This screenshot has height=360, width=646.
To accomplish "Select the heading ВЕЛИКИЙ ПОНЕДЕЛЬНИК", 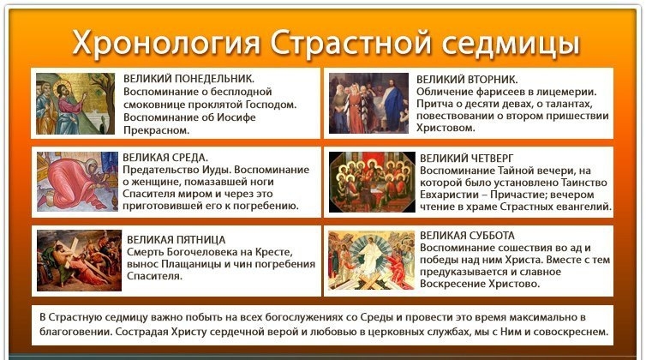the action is pyautogui.click(x=188, y=79).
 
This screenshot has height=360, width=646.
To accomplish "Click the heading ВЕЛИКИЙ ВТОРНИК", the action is pyautogui.click(x=467, y=79).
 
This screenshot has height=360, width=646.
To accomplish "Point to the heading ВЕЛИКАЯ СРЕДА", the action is pyautogui.click(x=165, y=158).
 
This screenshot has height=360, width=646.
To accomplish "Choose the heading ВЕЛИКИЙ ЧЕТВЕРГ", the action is pyautogui.click(x=466, y=159).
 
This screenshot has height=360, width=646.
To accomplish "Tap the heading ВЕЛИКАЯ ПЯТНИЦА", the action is pyautogui.click(x=176, y=240).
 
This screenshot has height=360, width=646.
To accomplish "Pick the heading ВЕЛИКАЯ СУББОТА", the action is pyautogui.click(x=467, y=236).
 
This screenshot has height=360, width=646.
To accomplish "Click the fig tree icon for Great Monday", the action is pyautogui.click(x=75, y=104).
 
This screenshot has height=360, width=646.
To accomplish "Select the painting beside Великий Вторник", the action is pyautogui.click(x=368, y=103).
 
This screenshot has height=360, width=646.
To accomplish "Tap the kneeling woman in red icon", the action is pyautogui.click(x=77, y=182).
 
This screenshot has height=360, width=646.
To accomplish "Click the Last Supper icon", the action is pyautogui.click(x=372, y=182).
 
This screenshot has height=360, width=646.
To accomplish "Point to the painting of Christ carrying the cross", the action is pyautogui.click(x=79, y=261).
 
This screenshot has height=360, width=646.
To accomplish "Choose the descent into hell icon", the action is pyautogui.click(x=371, y=261).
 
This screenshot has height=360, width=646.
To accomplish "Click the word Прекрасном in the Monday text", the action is pyautogui.click(x=156, y=130).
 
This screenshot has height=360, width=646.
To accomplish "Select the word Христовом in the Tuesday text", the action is pyautogui.click(x=446, y=128).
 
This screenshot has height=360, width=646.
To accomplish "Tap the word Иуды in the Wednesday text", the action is pyautogui.click(x=216, y=170).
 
